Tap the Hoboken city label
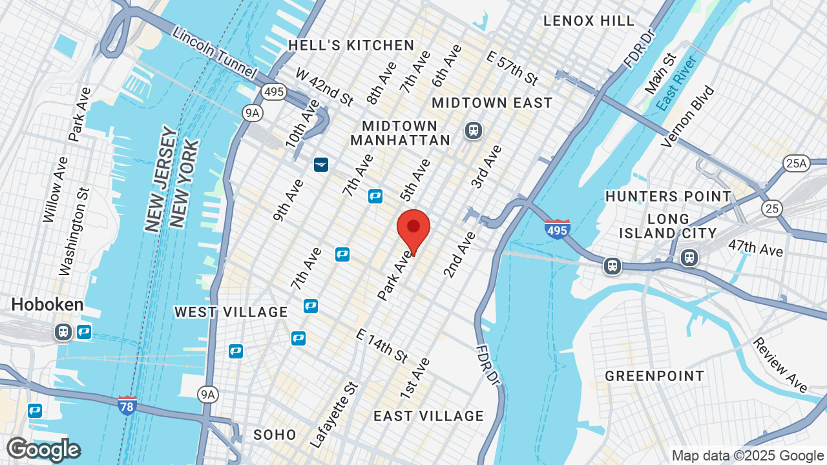(47, 305)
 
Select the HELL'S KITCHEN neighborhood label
(351, 45)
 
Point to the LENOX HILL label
(589, 21)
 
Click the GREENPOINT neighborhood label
(654, 376)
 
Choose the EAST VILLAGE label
(428, 416)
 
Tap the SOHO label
(275, 435)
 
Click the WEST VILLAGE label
(231, 313)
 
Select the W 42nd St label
(324, 86)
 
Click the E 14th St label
(382, 346)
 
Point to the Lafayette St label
(334, 414)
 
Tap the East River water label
(676, 83)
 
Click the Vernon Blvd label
(689, 116)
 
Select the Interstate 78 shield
(127, 405)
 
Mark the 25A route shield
(796, 164)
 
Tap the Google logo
(43, 449)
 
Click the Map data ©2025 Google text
(748, 455)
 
